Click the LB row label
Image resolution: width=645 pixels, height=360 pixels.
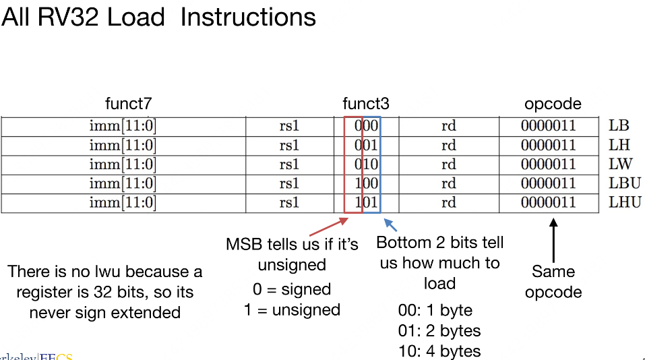click(x=619, y=125)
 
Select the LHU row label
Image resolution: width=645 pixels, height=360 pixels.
click(x=625, y=202)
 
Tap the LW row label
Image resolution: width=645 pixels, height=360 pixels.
click(x=620, y=164)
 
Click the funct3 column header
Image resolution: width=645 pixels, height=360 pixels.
click(x=366, y=104)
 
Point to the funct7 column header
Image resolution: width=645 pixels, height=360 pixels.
click(x=129, y=104)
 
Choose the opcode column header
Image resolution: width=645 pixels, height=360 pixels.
click(x=553, y=104)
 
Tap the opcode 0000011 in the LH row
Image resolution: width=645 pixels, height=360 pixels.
click(x=548, y=145)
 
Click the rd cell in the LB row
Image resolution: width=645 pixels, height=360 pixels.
click(x=448, y=125)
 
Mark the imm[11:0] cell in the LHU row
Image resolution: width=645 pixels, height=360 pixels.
click(x=123, y=202)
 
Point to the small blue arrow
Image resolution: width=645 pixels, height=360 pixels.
click(x=390, y=225)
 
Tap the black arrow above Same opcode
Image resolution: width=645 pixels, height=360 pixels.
click(x=553, y=239)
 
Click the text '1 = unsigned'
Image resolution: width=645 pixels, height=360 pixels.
click(x=292, y=310)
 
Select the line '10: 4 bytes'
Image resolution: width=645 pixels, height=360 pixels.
click(x=439, y=351)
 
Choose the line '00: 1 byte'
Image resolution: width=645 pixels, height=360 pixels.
click(x=435, y=311)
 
